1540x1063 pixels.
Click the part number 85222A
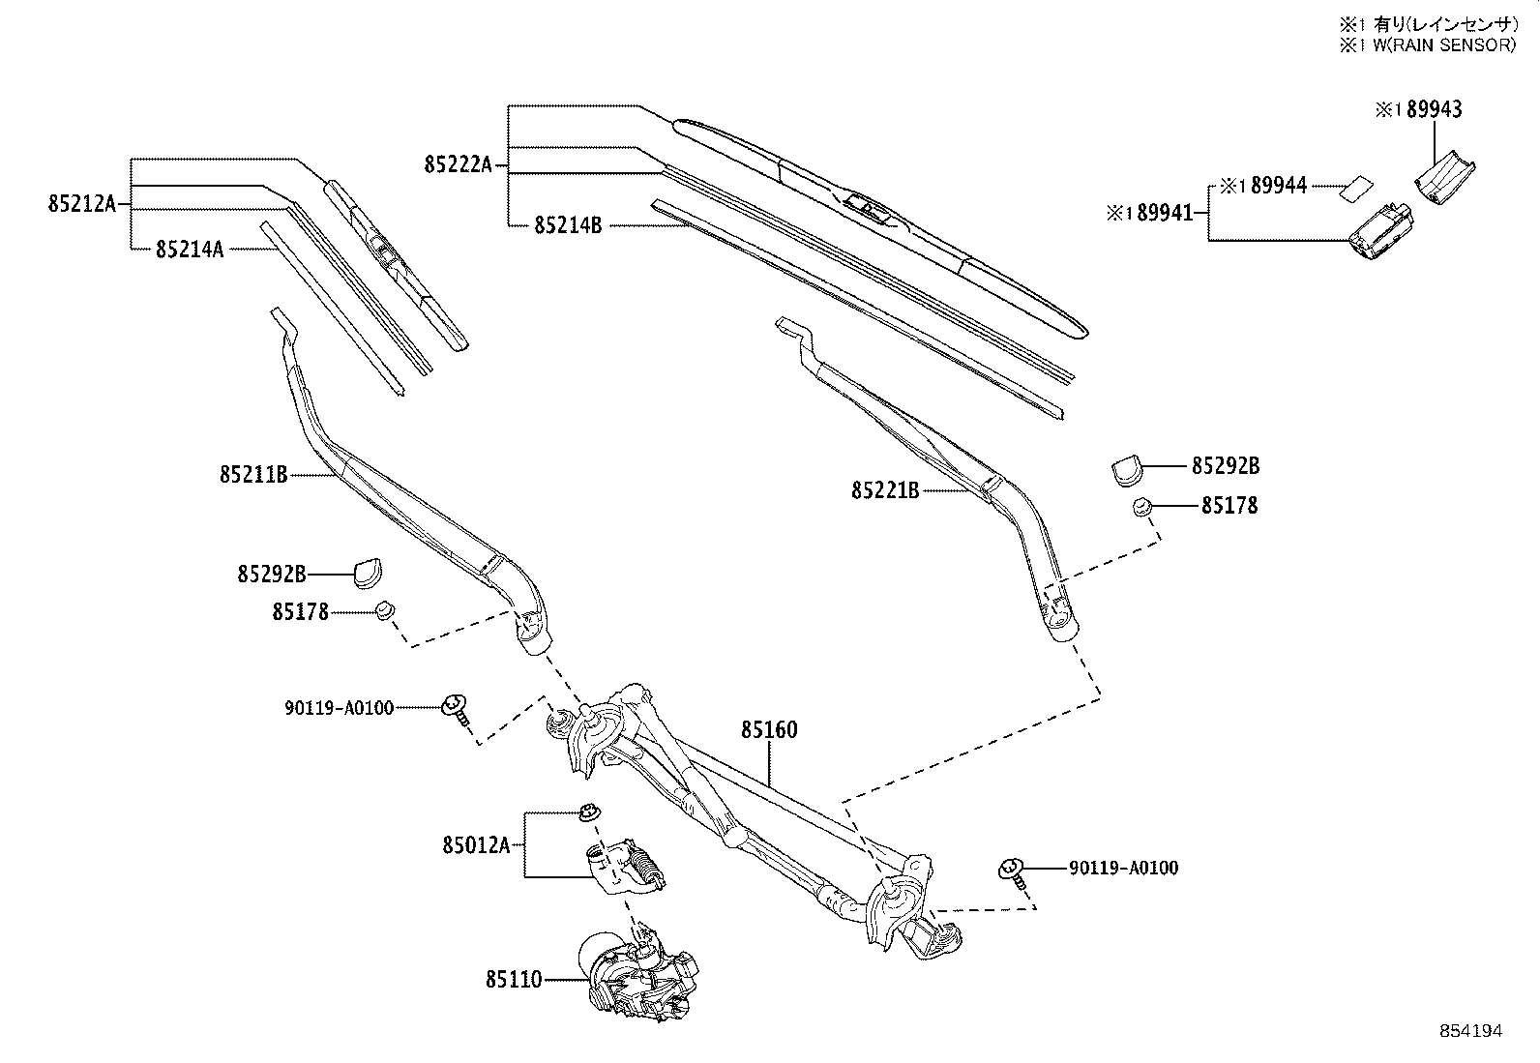(458, 165)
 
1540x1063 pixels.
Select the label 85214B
(568, 226)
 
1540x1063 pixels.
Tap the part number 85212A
(81, 205)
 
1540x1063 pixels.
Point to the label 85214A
(190, 251)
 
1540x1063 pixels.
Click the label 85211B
(253, 475)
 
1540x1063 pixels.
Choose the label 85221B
(885, 491)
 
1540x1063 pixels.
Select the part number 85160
(770, 730)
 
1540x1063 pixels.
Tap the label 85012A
(476, 845)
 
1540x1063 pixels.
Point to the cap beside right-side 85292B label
(1126, 468)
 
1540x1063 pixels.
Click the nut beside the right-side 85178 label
(1140, 507)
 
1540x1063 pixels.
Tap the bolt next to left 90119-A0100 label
(455, 708)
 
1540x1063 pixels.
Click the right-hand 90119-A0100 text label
(1123, 869)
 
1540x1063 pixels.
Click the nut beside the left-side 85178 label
(385, 611)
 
